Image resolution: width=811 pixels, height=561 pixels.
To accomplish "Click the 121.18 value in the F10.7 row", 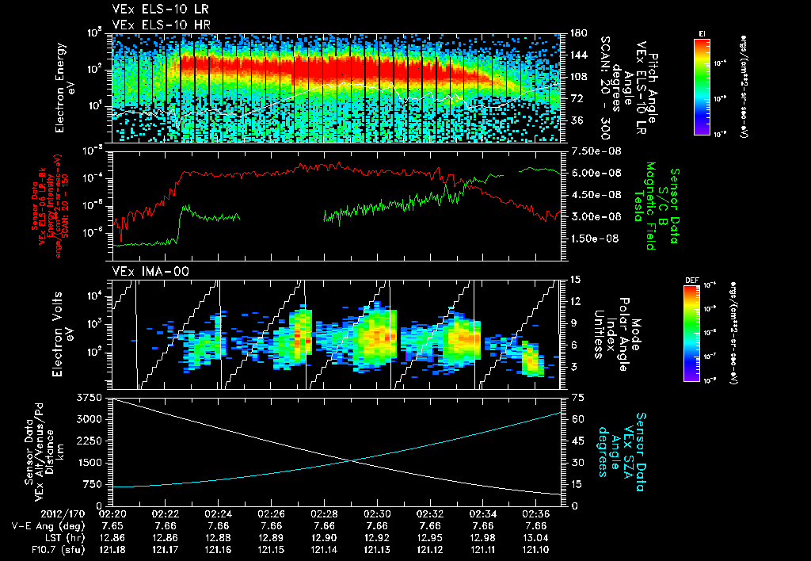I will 112,550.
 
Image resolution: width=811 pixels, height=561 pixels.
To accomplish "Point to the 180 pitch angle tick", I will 576,33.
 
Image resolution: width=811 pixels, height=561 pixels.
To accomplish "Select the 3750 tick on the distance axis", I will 93,397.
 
